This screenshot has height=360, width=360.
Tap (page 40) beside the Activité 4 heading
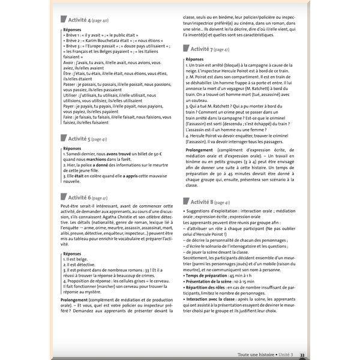100,21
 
